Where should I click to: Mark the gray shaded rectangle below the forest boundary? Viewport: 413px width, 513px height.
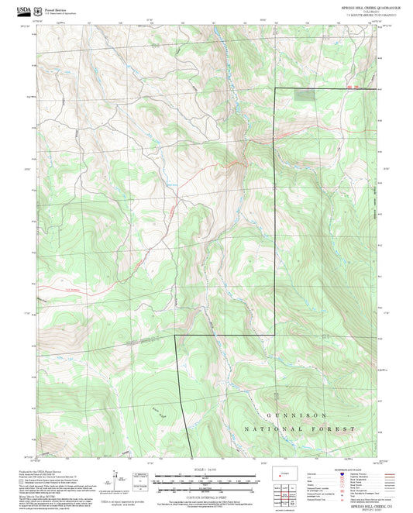[x=307, y=95]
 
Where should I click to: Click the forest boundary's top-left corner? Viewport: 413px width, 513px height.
[x=277, y=90]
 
